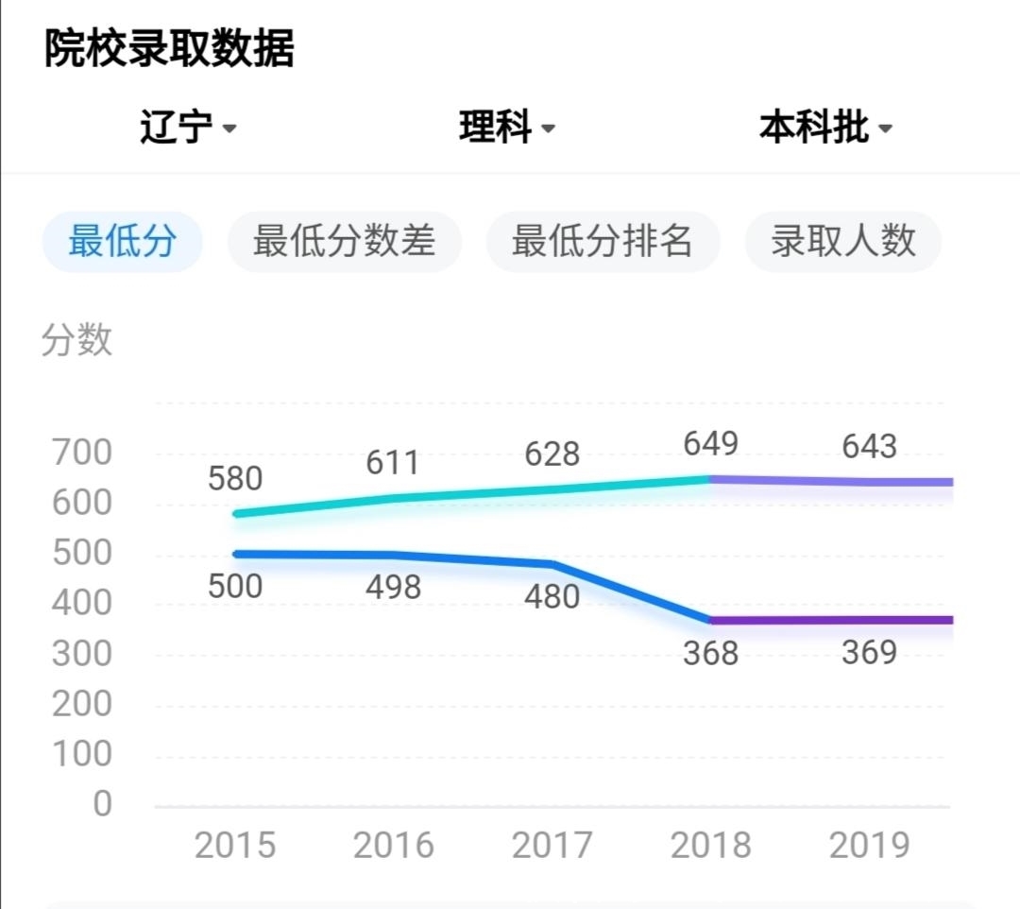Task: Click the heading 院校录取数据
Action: pyautogui.click(x=169, y=48)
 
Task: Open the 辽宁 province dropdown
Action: pyautogui.click(x=187, y=128)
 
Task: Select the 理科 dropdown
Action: pyautogui.click(x=506, y=128)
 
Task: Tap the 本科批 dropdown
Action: pyautogui.click(x=824, y=128)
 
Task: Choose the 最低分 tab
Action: pyautogui.click(x=122, y=242)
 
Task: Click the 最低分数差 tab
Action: pyautogui.click(x=344, y=242)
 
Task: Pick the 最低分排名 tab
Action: pyautogui.click(x=603, y=242)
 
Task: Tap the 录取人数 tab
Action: pyautogui.click(x=842, y=242)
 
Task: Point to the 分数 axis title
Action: pyautogui.click(x=76, y=340)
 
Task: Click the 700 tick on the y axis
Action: pyautogui.click(x=81, y=453)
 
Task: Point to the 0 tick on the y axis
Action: pyautogui.click(x=102, y=804)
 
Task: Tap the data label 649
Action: pyautogui.click(x=711, y=443)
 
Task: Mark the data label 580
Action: pyautogui.click(x=235, y=479)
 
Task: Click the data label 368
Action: pyautogui.click(x=710, y=653)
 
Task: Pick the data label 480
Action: pyautogui.click(x=552, y=597)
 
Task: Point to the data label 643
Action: pyautogui.click(x=870, y=446)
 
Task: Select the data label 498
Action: pyautogui.click(x=393, y=588)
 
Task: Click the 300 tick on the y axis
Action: pyautogui.click(x=81, y=654)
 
